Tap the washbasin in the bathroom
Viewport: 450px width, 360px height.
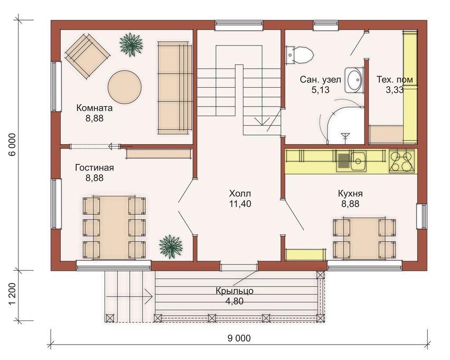pos(354,80)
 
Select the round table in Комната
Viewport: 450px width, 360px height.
pos(125,87)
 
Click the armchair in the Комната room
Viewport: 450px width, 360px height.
pos(87,56)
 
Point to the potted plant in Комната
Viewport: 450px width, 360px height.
pos(131,44)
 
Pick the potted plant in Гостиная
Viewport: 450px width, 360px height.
pos(171,247)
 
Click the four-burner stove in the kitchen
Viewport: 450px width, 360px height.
pos(402,161)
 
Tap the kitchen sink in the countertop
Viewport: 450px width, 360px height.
pos(351,161)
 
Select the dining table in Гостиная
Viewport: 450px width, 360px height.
pos(114,228)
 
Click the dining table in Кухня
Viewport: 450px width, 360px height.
pos(364,239)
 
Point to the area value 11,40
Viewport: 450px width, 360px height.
pos(240,204)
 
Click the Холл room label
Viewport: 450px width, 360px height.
pos(240,193)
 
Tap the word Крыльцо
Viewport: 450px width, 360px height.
pos(235,291)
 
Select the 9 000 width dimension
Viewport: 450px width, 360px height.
pos(239,338)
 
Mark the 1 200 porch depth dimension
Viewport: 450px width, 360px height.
pos(13,296)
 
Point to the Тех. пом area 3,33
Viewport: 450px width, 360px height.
pos(395,90)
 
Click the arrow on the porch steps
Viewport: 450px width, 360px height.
pos(129,297)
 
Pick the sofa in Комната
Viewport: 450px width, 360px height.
pos(174,88)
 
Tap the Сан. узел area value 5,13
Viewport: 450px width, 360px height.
pos(320,90)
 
